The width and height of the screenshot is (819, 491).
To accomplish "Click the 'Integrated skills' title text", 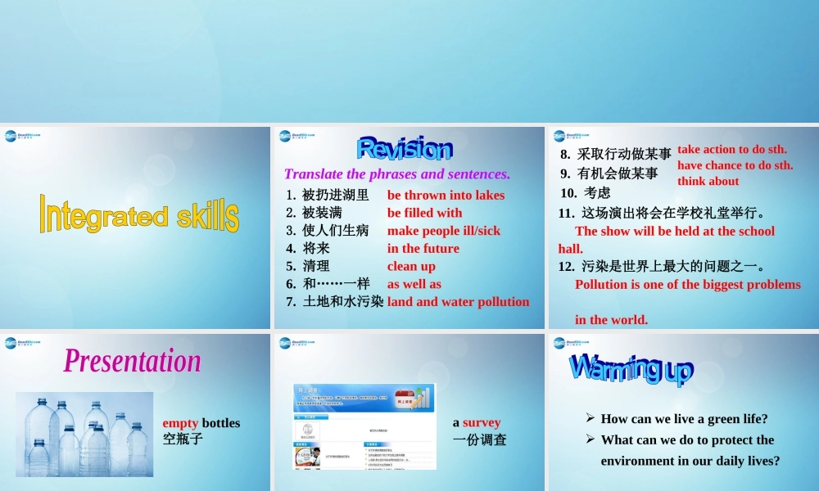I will point(138,214).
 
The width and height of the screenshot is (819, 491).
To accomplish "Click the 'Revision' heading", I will point(405,149).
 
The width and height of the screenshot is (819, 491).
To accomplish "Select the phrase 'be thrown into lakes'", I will point(446,195).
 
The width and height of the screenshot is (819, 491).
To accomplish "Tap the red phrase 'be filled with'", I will point(424,213).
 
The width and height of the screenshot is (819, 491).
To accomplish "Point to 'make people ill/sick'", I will point(443,231).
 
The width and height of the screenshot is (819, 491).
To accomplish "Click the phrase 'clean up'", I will point(411,266).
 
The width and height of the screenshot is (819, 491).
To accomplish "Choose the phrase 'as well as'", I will point(414,284).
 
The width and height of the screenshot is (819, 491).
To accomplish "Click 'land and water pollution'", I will point(458,302).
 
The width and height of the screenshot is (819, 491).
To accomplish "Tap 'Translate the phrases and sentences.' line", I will point(396,173).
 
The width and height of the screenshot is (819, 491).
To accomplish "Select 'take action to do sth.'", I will point(731,149).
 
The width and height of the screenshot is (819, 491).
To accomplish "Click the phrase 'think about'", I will point(708,181).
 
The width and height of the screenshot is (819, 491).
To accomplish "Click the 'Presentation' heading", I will point(133,361).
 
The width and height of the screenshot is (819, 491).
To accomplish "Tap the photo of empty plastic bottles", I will point(84,434).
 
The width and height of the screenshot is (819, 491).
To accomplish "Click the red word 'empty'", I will point(180,423).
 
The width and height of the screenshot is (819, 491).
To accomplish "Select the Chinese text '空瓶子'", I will point(182,439).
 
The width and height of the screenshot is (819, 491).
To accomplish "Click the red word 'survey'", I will point(482,423).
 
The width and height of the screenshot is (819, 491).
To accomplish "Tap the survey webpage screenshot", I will point(364,426).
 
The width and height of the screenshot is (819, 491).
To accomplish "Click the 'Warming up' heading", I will point(631,369).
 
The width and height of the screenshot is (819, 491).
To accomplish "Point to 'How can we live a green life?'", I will point(684,419).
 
